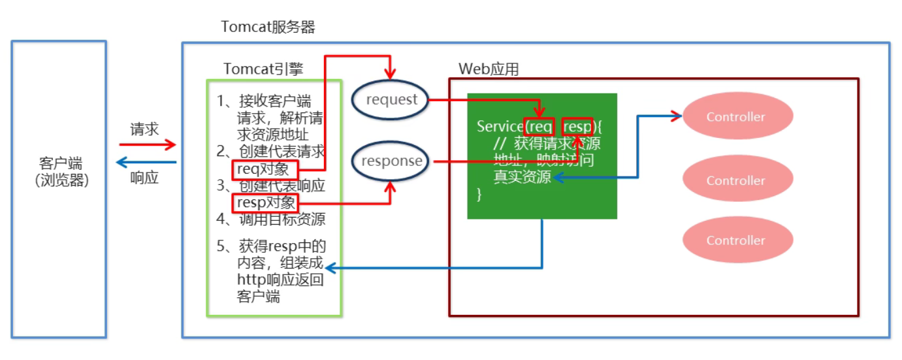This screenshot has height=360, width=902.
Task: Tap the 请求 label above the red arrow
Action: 144,129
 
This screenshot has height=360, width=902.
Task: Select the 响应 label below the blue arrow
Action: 144,178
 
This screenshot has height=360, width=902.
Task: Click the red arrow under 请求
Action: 148,144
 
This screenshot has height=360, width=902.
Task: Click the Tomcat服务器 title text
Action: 268,27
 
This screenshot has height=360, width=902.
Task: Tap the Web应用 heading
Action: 489,69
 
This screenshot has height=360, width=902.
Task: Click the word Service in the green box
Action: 500,127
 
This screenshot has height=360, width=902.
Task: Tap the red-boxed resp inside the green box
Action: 576,127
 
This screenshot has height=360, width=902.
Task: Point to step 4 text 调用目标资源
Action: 281,220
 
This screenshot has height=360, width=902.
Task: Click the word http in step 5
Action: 250,281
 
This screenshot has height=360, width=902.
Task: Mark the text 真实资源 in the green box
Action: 522,177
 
